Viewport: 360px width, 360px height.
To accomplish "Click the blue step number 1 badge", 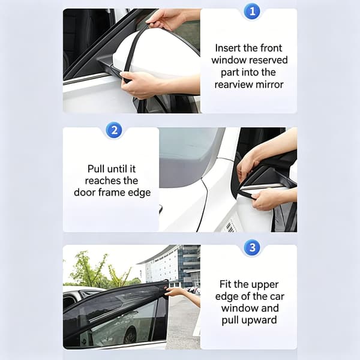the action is pyautogui.click(x=252, y=11).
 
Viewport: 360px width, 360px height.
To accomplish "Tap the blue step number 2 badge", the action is pyautogui.click(x=114, y=130).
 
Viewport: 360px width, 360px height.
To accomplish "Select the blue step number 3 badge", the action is pyautogui.click(x=252, y=247).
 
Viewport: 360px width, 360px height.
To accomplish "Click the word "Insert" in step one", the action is pyautogui.click(x=228, y=48).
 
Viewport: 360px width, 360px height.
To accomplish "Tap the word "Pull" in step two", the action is pyautogui.click(x=96, y=169).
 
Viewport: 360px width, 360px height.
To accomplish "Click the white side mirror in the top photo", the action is pyautogui.click(x=156, y=55).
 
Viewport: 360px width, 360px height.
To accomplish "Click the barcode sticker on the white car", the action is pyautogui.click(x=230, y=226).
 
